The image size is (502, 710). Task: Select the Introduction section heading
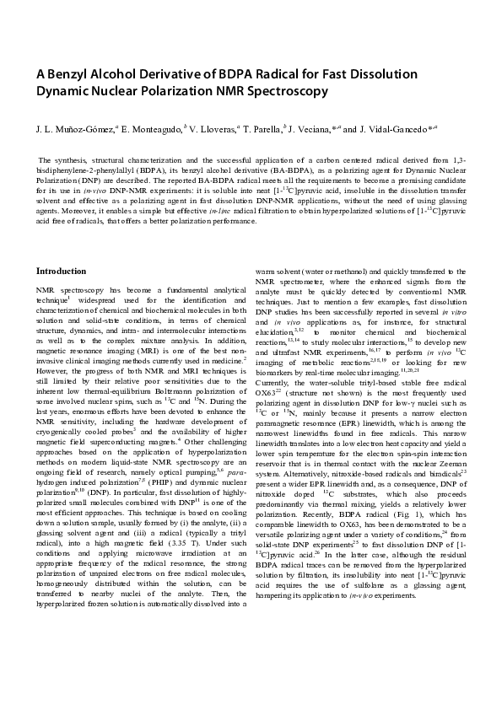pos(61,271)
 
